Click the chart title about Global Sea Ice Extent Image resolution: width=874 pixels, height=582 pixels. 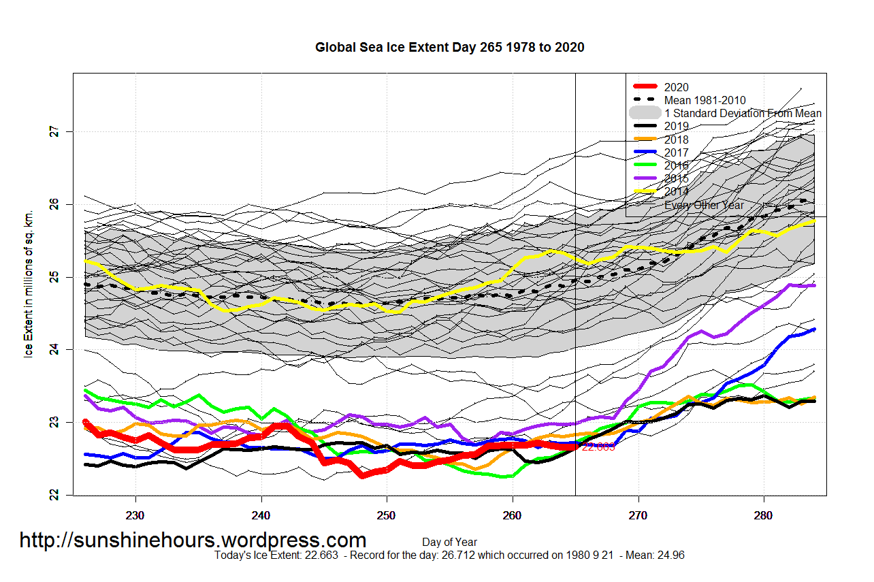pyautogui.click(x=449, y=48)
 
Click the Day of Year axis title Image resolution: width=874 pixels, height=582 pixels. pyautogui.click(x=449, y=543)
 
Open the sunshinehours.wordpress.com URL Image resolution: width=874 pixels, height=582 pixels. pyautogui.click(x=193, y=540)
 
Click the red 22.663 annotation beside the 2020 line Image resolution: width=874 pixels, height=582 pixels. pyautogui.click(x=598, y=447)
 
